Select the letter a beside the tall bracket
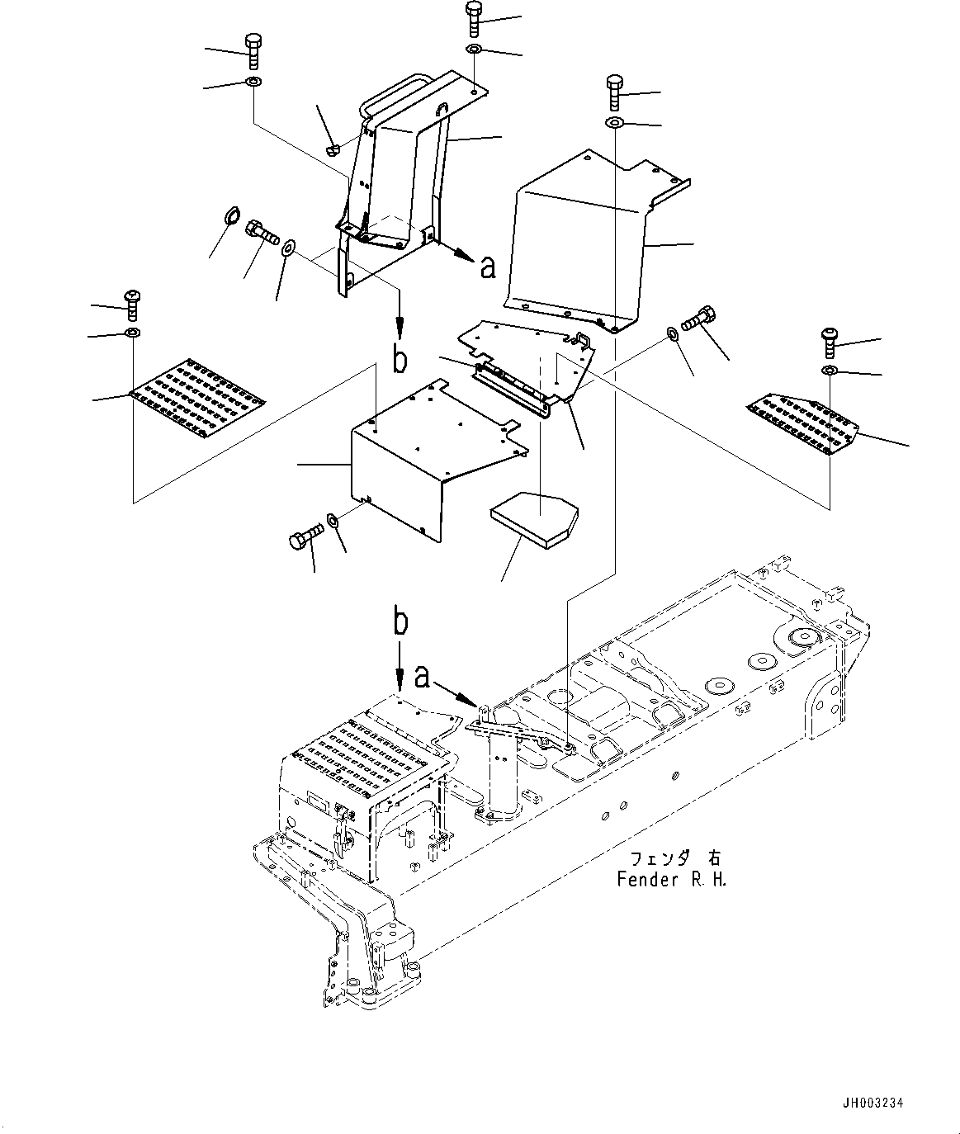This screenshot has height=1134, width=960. [x=487, y=266]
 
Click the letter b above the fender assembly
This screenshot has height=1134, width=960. [x=400, y=623]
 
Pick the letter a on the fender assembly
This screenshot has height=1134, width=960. [x=423, y=677]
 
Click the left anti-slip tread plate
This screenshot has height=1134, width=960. [x=197, y=394]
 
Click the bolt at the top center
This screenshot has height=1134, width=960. [x=474, y=19]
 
